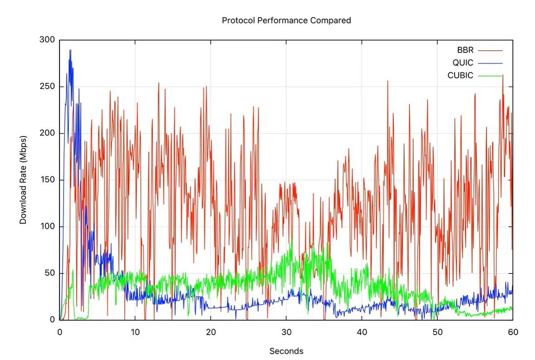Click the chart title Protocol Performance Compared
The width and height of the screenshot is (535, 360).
coord(286,20)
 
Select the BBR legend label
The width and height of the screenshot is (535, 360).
coord(465,50)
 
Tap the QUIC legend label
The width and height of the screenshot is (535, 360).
coord(463,63)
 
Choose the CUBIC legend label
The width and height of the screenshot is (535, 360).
coord(460,75)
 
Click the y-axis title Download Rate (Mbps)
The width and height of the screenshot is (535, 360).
coord(23,180)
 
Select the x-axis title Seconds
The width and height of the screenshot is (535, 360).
coord(286,351)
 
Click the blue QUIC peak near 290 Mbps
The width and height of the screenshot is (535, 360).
coord(70,50)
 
